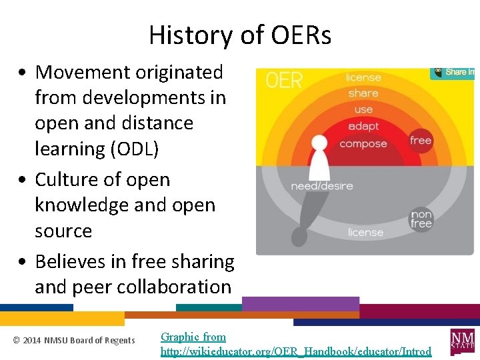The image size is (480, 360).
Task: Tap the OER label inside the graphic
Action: tap(284, 81)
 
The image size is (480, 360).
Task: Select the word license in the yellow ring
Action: tap(363, 78)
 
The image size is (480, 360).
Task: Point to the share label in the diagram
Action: tap(363, 93)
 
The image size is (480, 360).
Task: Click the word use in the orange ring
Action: tap(363, 109)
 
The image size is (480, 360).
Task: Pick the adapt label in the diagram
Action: tap(363, 126)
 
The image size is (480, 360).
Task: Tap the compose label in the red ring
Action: tap(363, 144)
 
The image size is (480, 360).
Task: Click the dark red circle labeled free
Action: tap(421, 141)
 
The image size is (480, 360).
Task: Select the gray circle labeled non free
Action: tap(421, 219)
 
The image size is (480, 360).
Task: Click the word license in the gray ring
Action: tap(365, 233)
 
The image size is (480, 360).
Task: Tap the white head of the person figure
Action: tap(320, 143)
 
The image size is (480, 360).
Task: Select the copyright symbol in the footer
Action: tap(17, 341)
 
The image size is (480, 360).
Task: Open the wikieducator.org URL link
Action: tap(296, 351)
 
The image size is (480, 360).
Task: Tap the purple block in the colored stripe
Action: tap(300, 305)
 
